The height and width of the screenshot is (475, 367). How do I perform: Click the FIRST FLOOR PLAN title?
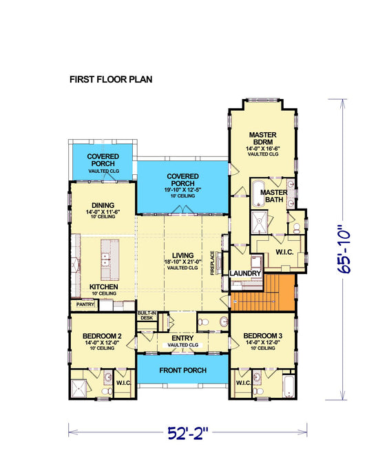click(111, 79)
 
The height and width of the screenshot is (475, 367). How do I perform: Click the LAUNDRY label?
click(246, 273)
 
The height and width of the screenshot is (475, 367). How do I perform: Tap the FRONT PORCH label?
click(182, 370)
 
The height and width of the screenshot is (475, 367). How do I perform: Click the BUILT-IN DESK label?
click(146, 315)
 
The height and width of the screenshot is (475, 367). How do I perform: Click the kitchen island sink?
click(108, 260)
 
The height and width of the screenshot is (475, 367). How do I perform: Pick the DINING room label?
click(102, 204)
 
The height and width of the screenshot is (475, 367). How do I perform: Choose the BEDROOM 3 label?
click(262, 336)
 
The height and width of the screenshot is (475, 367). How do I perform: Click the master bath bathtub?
click(259, 193)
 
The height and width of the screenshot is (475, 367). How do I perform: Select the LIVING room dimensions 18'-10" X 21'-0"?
click(182, 262)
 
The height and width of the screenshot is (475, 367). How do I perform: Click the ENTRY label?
click(182, 338)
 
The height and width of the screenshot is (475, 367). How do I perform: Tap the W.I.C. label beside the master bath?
click(284, 252)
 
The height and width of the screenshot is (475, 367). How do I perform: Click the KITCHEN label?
click(103, 286)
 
